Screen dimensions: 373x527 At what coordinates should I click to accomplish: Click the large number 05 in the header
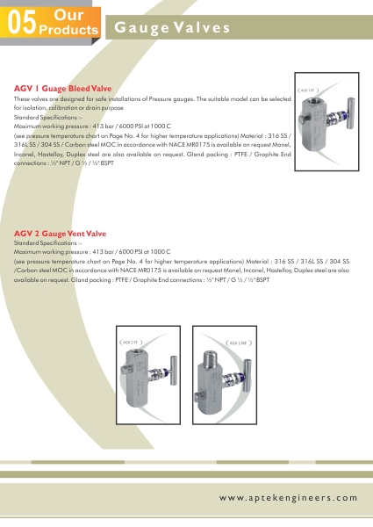(22, 23)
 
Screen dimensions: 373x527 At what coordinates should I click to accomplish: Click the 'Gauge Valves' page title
(172, 27)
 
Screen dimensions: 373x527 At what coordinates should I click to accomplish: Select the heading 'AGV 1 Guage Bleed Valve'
(63, 89)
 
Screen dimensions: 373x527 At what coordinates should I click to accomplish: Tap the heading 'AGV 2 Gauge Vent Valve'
(60, 234)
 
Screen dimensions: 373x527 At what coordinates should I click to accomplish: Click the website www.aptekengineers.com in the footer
(289, 498)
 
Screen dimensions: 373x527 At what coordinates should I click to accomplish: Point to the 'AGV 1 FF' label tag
(308, 90)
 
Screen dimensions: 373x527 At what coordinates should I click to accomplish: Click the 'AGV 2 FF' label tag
(131, 343)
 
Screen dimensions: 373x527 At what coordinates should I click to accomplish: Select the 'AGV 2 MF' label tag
(238, 343)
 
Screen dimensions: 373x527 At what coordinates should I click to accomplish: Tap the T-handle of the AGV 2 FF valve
(173, 371)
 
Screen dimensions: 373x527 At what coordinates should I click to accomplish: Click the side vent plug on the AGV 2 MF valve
(198, 396)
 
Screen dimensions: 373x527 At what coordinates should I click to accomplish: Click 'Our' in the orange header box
(68, 15)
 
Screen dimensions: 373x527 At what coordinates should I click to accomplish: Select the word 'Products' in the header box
(68, 30)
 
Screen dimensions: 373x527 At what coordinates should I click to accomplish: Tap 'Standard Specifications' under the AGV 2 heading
(46, 243)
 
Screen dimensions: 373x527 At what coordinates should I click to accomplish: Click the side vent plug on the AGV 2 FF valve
(125, 370)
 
